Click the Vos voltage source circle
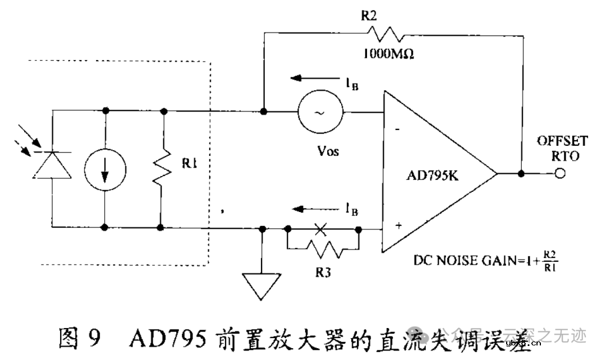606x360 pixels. [x=320, y=112]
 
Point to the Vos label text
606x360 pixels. [x=327, y=151]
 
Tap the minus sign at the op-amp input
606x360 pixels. [x=397, y=130]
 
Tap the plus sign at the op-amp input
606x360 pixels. [x=399, y=225]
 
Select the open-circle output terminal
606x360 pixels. [x=559, y=174]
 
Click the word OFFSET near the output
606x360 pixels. [x=562, y=140]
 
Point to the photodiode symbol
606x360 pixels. [x=52, y=165]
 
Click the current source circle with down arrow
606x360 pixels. [x=105, y=169]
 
